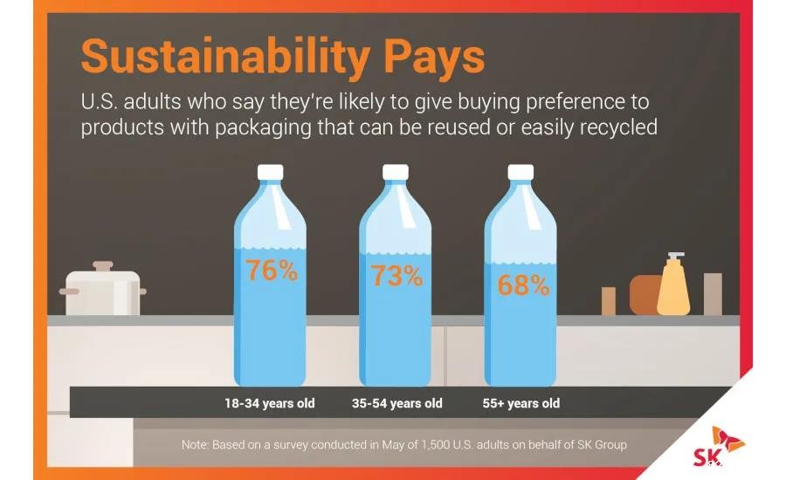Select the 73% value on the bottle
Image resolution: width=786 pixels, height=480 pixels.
click(x=396, y=276)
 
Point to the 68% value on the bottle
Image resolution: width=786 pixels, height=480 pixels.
click(x=523, y=285)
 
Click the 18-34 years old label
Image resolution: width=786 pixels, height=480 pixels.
click(x=270, y=403)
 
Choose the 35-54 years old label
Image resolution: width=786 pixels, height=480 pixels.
click(x=396, y=403)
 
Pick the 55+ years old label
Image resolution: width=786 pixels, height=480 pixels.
click(x=521, y=403)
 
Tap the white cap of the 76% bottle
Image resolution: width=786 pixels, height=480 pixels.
click(x=271, y=172)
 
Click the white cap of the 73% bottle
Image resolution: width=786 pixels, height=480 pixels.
click(x=396, y=172)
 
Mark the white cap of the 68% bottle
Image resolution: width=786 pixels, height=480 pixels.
click(x=521, y=172)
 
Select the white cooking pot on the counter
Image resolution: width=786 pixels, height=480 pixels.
click(x=103, y=293)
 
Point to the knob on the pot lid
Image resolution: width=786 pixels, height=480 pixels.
click(x=103, y=264)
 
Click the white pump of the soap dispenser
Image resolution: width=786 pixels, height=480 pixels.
click(x=672, y=257)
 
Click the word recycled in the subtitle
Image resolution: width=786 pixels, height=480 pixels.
click(x=611, y=127)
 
